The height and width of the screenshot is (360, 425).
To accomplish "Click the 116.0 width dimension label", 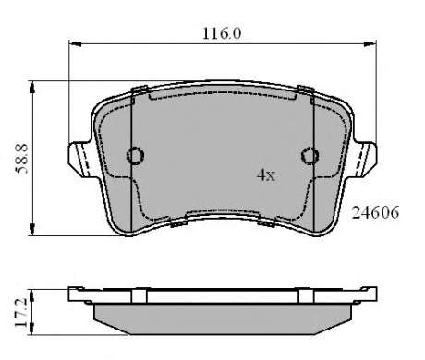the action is pos(222,33).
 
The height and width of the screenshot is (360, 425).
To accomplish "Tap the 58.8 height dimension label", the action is pos(22,159).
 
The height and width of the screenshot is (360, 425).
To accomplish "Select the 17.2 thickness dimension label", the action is pos(22,313).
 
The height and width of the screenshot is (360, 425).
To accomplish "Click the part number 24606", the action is pos(375,212).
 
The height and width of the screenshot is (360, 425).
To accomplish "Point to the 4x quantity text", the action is pos(266,175).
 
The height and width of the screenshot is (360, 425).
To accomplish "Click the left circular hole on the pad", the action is pos(135,155).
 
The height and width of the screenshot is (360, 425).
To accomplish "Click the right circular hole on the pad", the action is pos(310,155).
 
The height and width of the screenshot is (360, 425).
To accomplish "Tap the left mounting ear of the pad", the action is pos(80,159).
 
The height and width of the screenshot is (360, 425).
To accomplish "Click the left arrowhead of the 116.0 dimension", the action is pos(75,44).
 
